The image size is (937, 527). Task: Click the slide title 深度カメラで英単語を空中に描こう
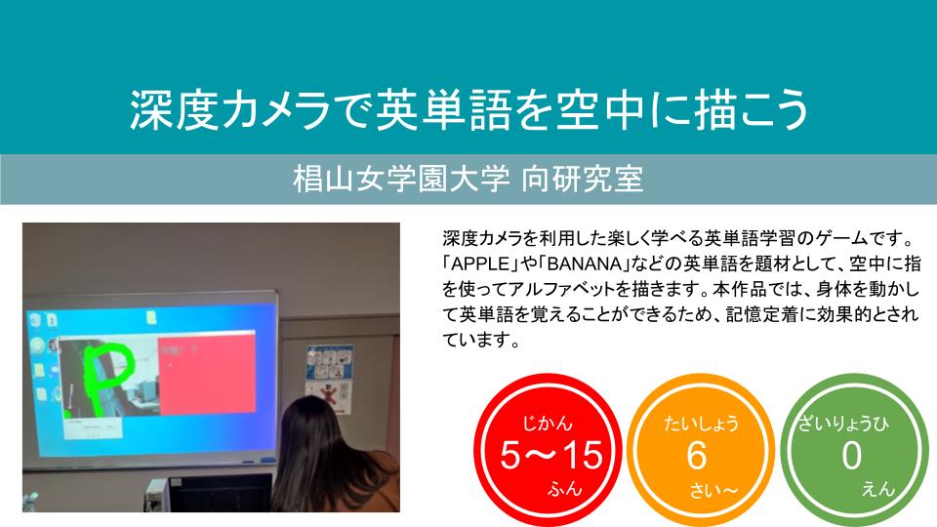(x=469, y=109)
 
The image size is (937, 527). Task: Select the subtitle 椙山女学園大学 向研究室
(x=468, y=180)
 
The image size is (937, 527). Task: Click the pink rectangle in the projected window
(x=207, y=374)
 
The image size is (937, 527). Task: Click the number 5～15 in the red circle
(x=551, y=456)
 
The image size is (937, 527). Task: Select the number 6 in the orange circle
(x=697, y=456)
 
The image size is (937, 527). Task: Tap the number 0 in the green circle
(x=851, y=456)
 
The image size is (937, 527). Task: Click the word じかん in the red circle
(x=548, y=424)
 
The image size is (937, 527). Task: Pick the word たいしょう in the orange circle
(x=702, y=424)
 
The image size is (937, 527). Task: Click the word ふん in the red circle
(x=565, y=489)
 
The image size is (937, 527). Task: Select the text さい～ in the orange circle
(x=713, y=491)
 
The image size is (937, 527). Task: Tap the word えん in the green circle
(x=878, y=489)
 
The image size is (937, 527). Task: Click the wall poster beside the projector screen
(x=328, y=380)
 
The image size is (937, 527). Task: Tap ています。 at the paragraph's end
(x=481, y=341)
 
